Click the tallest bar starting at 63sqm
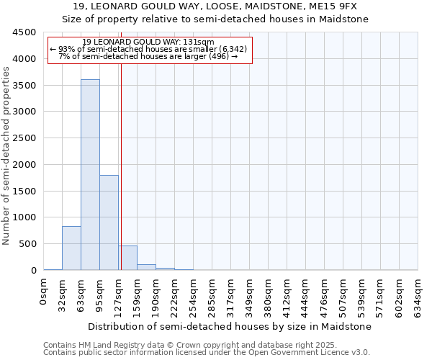90,175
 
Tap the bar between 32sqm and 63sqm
71,248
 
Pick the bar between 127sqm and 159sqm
128,258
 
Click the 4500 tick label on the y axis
24,32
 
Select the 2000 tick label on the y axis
24,165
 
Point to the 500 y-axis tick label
27,244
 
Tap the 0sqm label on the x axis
44,291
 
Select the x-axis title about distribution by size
231,326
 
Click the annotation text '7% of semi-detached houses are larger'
144,56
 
